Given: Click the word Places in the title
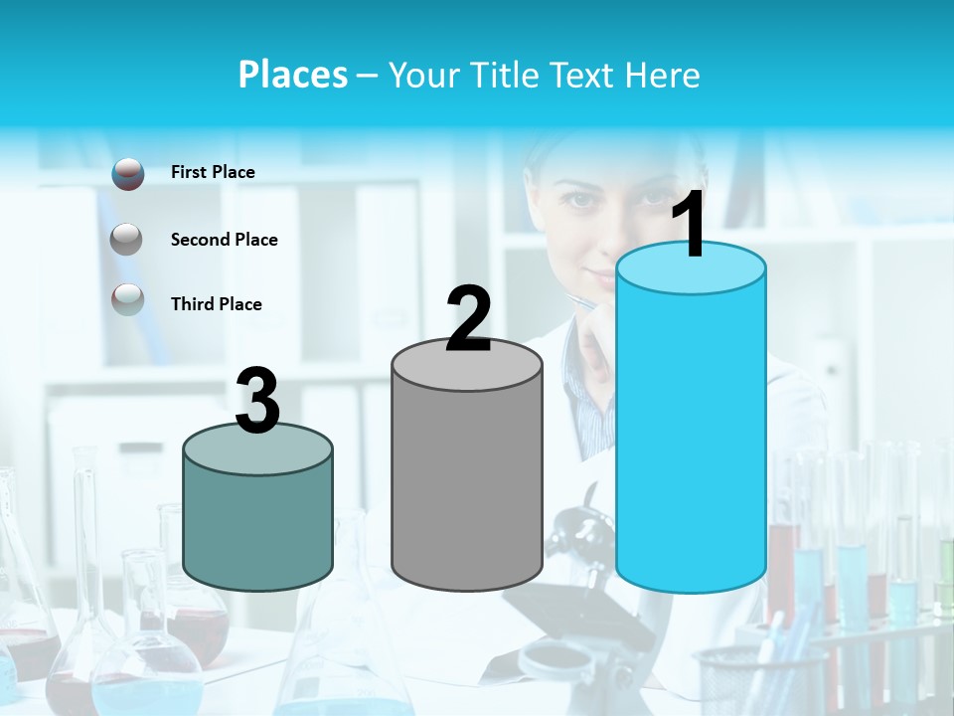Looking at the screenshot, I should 293,75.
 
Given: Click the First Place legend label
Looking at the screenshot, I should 213,172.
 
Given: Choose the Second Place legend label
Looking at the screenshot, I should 224,240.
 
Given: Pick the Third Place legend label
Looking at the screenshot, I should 216,304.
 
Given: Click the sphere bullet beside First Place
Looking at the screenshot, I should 128,174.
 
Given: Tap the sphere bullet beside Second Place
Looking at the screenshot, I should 126,239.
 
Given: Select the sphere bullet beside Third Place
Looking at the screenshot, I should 128,299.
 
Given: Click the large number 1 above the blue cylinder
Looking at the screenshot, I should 689,226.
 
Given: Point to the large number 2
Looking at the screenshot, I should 468,320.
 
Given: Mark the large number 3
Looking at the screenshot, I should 258,402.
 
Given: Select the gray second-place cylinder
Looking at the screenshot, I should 467,487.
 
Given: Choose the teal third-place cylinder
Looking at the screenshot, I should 258,527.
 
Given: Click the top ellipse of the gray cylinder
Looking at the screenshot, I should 467,365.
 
